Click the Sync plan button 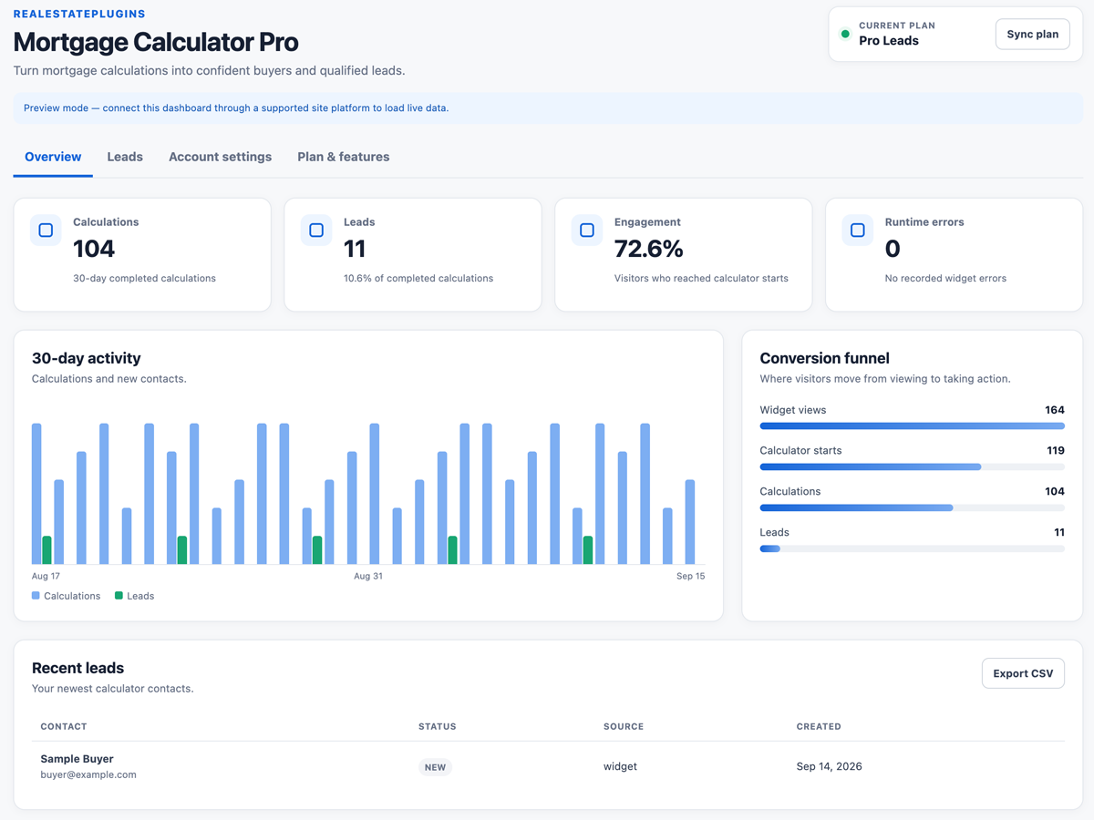1032,35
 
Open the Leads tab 125,157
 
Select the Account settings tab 221,157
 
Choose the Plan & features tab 344,157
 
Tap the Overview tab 53,157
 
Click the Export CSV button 1023,673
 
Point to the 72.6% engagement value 648,249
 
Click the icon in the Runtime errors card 857,230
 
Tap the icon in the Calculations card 46,230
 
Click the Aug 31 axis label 368,576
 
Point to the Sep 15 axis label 690,576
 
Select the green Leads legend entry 135,596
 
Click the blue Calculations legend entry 66,596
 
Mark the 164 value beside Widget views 1055,410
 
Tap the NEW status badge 435,767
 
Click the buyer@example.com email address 88,774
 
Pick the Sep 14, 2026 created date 829,766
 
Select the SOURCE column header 624,726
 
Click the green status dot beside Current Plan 845,34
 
